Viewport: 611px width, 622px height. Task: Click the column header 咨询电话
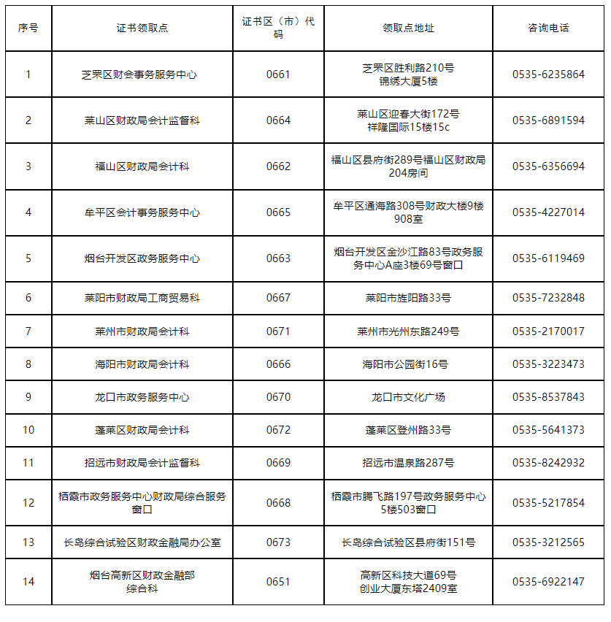tap(548, 28)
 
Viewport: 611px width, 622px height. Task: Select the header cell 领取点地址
tap(408, 28)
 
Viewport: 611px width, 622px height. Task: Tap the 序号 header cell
tap(28, 28)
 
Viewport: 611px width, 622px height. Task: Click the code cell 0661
tap(278, 74)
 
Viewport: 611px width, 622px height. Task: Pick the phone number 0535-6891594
tap(548, 120)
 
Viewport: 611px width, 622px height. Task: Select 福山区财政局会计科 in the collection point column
tap(142, 166)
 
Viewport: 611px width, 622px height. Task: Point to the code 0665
tap(278, 212)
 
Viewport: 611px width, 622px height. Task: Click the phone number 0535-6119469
tap(548, 258)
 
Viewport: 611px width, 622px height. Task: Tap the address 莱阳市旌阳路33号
tap(408, 298)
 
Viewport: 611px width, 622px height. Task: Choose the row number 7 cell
tap(28, 331)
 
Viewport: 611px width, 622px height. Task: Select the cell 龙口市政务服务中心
tap(142, 397)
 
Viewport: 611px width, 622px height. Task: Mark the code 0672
tap(278, 430)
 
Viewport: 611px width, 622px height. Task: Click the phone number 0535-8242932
tap(548, 463)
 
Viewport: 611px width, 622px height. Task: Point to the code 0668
tap(278, 503)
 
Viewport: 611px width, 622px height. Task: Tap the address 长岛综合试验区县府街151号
tap(408, 542)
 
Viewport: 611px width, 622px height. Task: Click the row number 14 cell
tap(28, 582)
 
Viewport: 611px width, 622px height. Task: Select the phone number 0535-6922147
tap(548, 582)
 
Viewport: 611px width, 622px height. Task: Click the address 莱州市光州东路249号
tap(408, 331)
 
